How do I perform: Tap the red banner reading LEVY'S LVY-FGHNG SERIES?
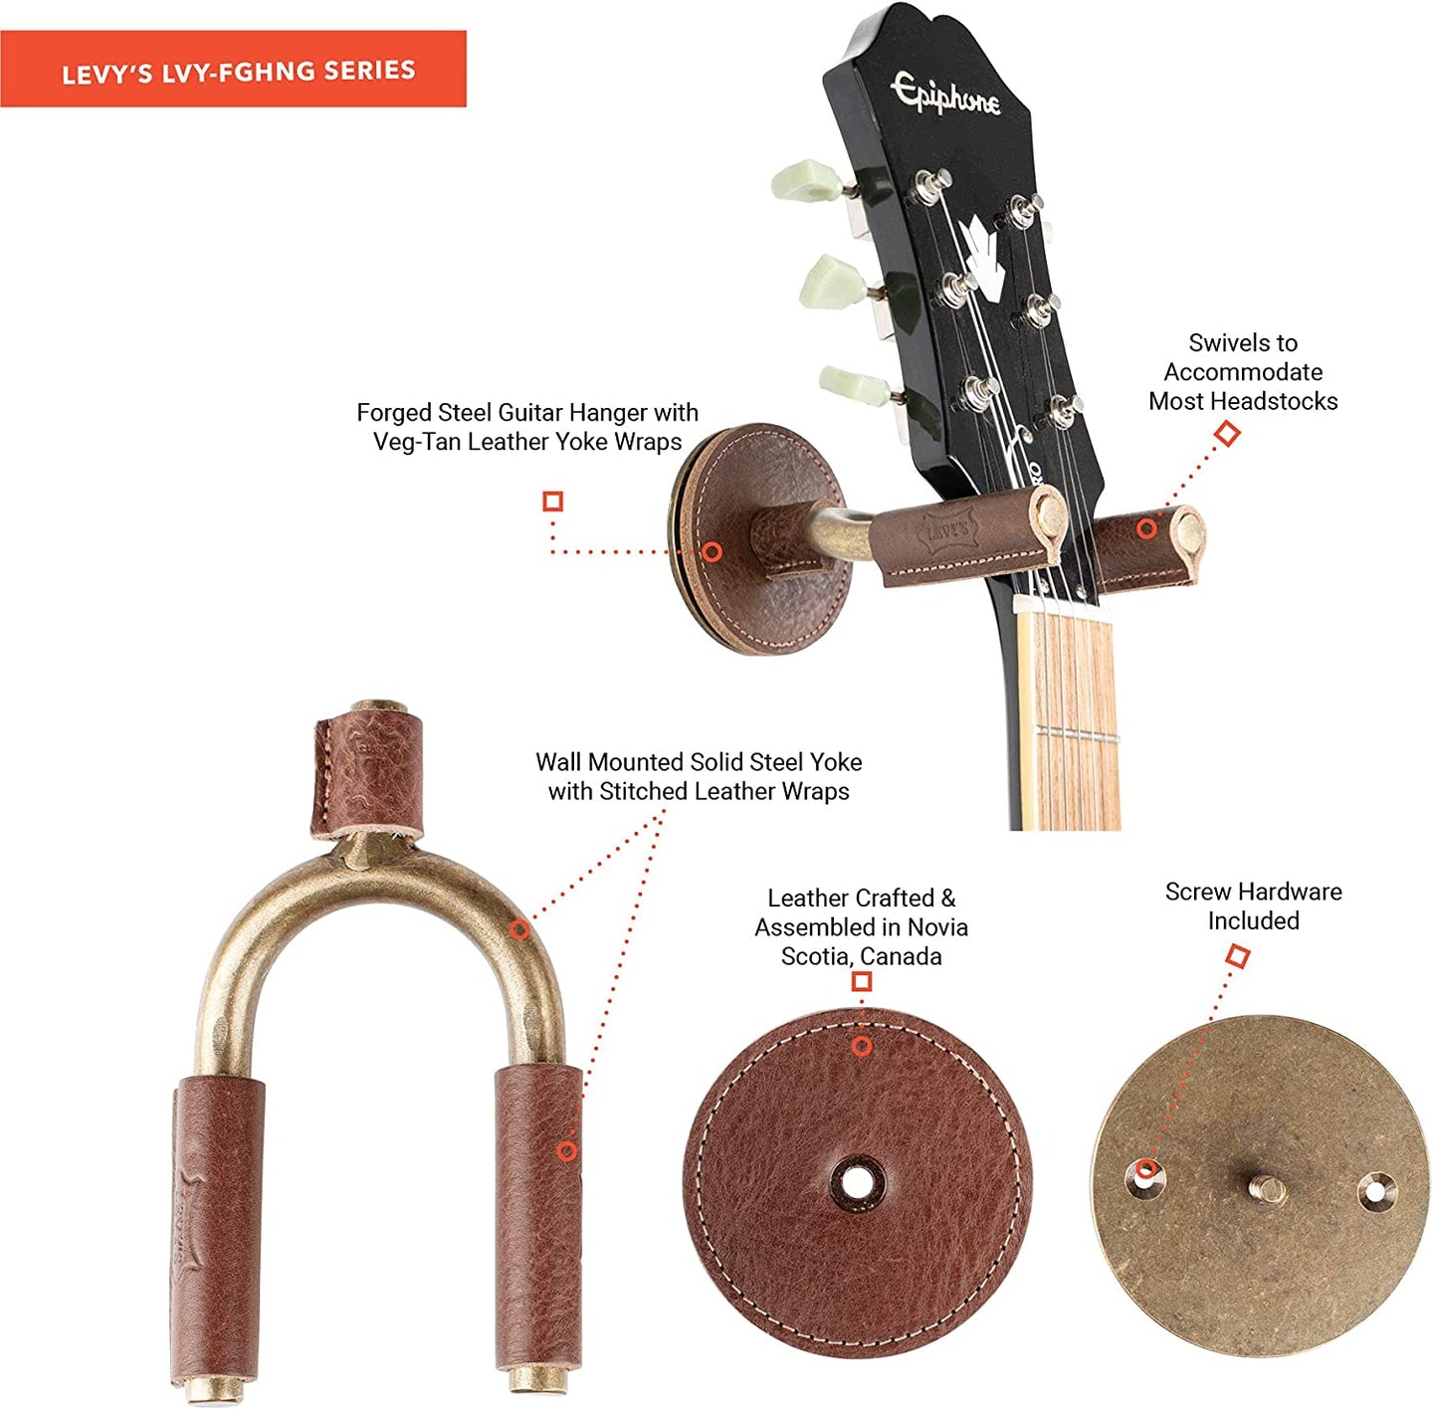233,70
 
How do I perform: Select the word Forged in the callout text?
394,413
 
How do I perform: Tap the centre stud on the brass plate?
1267,1188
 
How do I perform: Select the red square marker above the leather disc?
861,982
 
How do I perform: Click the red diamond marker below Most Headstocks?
1227,433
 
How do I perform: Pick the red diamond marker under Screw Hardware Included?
1237,955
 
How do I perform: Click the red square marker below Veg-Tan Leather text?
552,502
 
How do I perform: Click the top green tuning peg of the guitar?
807,181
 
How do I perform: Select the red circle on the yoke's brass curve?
519,928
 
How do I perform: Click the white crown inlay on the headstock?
983,257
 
